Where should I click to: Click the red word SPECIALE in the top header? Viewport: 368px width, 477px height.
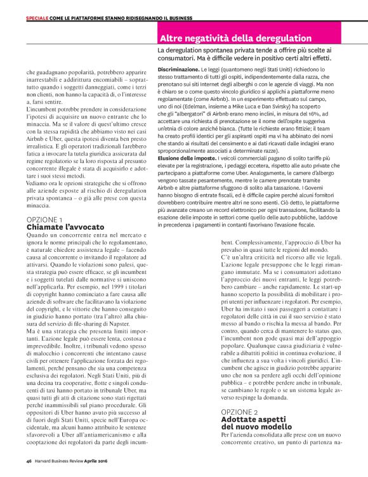click(39, 19)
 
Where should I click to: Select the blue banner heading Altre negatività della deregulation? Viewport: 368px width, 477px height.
click(235, 39)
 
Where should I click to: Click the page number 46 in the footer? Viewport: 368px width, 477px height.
click(29, 461)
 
